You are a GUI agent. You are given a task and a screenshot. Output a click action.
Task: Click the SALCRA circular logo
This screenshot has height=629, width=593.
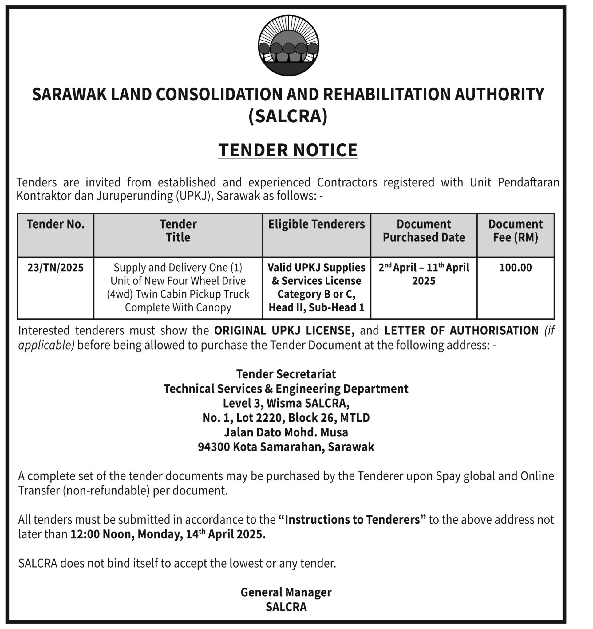(288, 45)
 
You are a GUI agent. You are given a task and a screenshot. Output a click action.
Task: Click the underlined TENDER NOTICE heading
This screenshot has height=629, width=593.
(288, 150)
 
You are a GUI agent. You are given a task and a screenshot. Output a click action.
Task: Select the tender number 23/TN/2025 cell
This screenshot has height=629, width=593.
(55, 268)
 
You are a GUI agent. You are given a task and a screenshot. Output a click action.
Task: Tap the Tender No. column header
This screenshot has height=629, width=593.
(55, 224)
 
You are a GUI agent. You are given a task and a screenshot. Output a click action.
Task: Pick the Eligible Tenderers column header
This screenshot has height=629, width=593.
(316, 224)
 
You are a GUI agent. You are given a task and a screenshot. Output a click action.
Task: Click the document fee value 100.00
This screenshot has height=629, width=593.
(516, 268)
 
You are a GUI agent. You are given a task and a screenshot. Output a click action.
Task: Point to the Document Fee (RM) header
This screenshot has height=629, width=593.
(516, 231)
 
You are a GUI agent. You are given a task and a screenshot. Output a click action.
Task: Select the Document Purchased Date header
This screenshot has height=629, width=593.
(424, 231)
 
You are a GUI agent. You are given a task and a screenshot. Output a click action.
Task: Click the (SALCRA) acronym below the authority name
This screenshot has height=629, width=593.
(288, 116)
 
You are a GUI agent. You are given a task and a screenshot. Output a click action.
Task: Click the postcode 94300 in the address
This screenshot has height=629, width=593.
(214, 447)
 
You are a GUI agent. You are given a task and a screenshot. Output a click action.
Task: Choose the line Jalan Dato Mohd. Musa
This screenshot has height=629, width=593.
(286, 432)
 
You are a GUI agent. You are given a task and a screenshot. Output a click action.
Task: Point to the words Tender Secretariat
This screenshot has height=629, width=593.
(286, 374)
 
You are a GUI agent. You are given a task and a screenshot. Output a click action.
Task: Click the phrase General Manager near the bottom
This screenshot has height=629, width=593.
(286, 592)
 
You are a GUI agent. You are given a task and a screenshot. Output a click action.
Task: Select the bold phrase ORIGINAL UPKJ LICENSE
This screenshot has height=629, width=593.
(284, 331)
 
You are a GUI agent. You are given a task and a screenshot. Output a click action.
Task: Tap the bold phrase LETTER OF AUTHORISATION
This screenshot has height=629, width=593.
(461, 331)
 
